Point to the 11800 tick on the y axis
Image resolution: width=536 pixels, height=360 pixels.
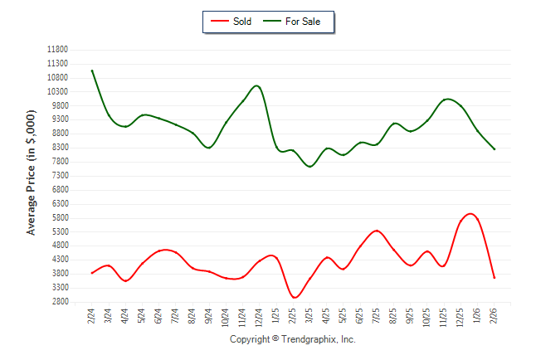click(57, 49)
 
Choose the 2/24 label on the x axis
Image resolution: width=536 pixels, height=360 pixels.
click(92, 316)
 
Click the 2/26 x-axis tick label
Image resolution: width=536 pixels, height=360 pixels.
click(495, 316)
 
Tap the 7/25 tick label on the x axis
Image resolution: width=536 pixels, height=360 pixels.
click(377, 316)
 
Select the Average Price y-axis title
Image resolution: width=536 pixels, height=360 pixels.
click(32, 172)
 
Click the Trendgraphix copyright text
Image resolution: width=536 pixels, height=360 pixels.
click(292, 339)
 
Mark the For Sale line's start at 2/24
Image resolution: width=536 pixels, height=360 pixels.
click(92, 71)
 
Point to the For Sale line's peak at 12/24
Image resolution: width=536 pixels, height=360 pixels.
click(257, 85)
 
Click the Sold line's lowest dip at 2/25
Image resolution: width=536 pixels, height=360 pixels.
click(294, 297)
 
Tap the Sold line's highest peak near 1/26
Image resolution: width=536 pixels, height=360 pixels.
click(470, 213)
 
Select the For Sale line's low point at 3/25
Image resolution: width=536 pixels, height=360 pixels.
click(310, 167)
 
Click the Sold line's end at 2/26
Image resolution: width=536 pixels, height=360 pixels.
click(495, 278)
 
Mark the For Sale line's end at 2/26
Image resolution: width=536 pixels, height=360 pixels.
click(495, 149)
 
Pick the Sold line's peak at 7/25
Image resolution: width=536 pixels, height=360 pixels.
click(377, 231)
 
